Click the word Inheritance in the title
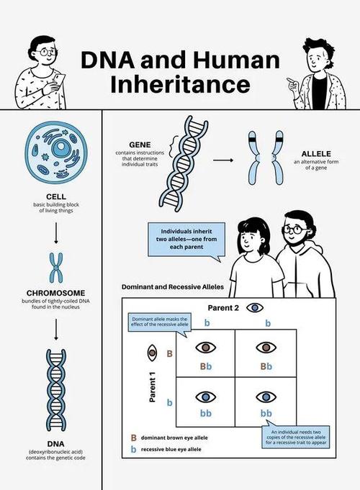[x=181, y=84]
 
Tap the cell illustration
[x=56, y=153]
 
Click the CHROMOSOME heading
[x=55, y=293]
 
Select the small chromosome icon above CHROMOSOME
[x=56, y=268]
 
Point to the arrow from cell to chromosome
[x=56, y=233]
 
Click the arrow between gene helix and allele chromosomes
[x=223, y=160]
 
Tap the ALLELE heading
[x=316, y=154]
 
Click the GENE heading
[x=140, y=145]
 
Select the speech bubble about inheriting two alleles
[x=186, y=240]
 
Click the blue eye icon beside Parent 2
[x=255, y=308]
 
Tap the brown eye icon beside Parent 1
[x=152, y=353]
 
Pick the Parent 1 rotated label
[x=153, y=386]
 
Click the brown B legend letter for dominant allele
[x=133, y=437]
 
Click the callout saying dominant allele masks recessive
[x=160, y=323]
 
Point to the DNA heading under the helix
[x=55, y=444]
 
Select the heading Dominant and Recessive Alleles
[x=173, y=287]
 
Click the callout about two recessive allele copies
[x=296, y=437]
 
